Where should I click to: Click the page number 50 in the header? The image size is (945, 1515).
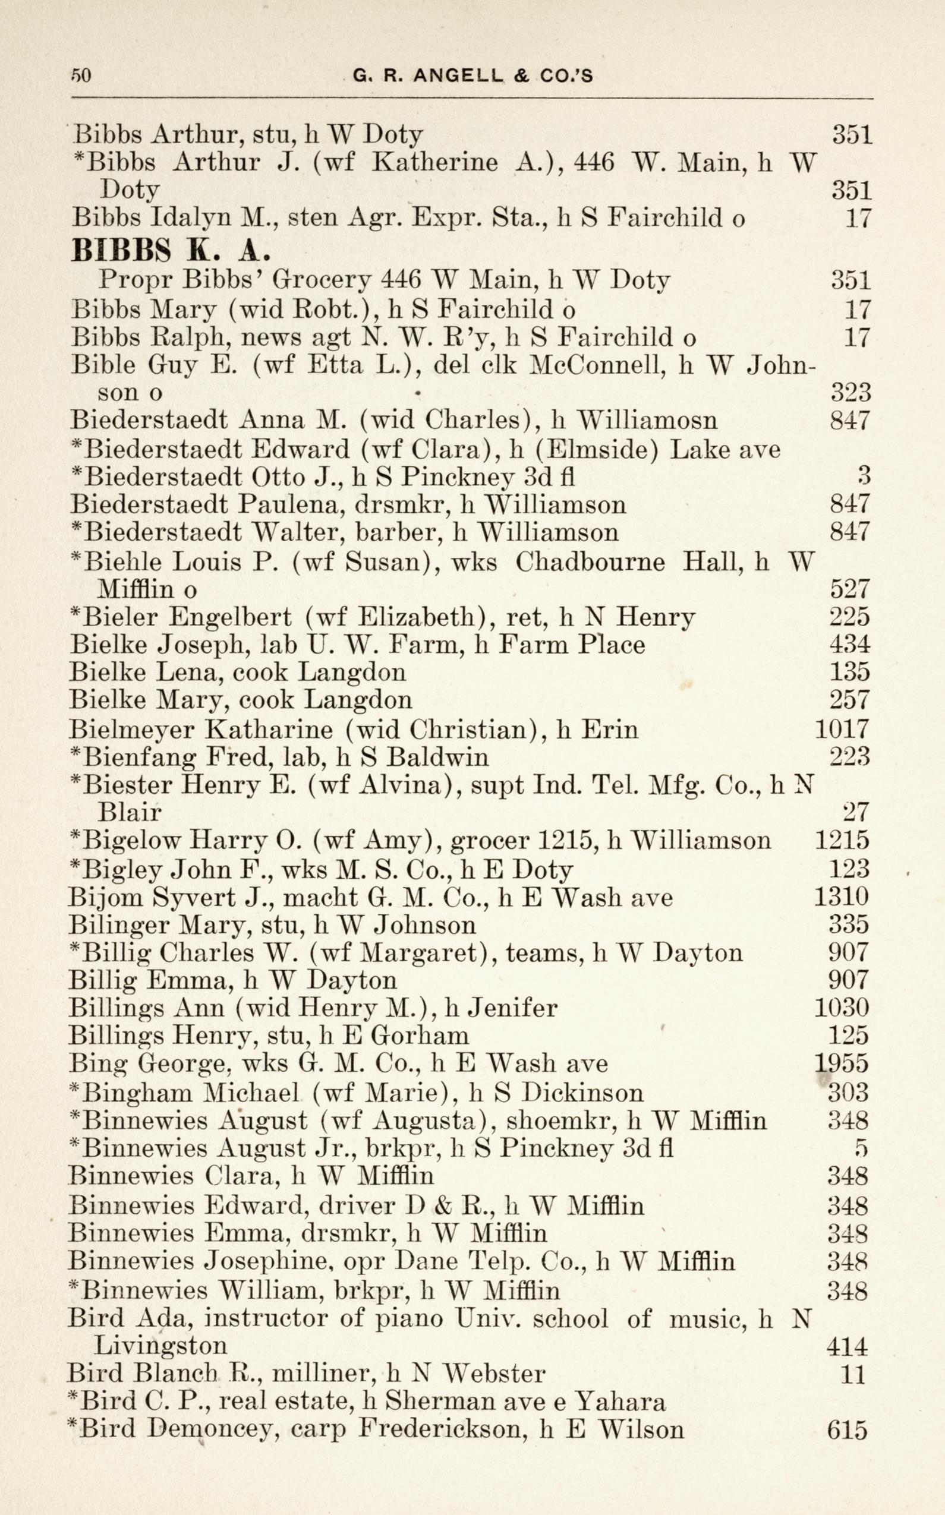coord(81,75)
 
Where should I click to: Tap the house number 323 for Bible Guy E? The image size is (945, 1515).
coord(850,392)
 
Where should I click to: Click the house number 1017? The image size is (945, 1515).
coord(842,728)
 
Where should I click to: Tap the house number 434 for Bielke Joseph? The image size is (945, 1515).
coord(849,644)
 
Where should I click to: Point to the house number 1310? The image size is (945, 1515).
coord(841,897)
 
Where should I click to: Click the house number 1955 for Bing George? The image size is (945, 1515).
coord(842,1063)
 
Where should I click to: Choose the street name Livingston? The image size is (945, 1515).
coord(160,1344)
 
